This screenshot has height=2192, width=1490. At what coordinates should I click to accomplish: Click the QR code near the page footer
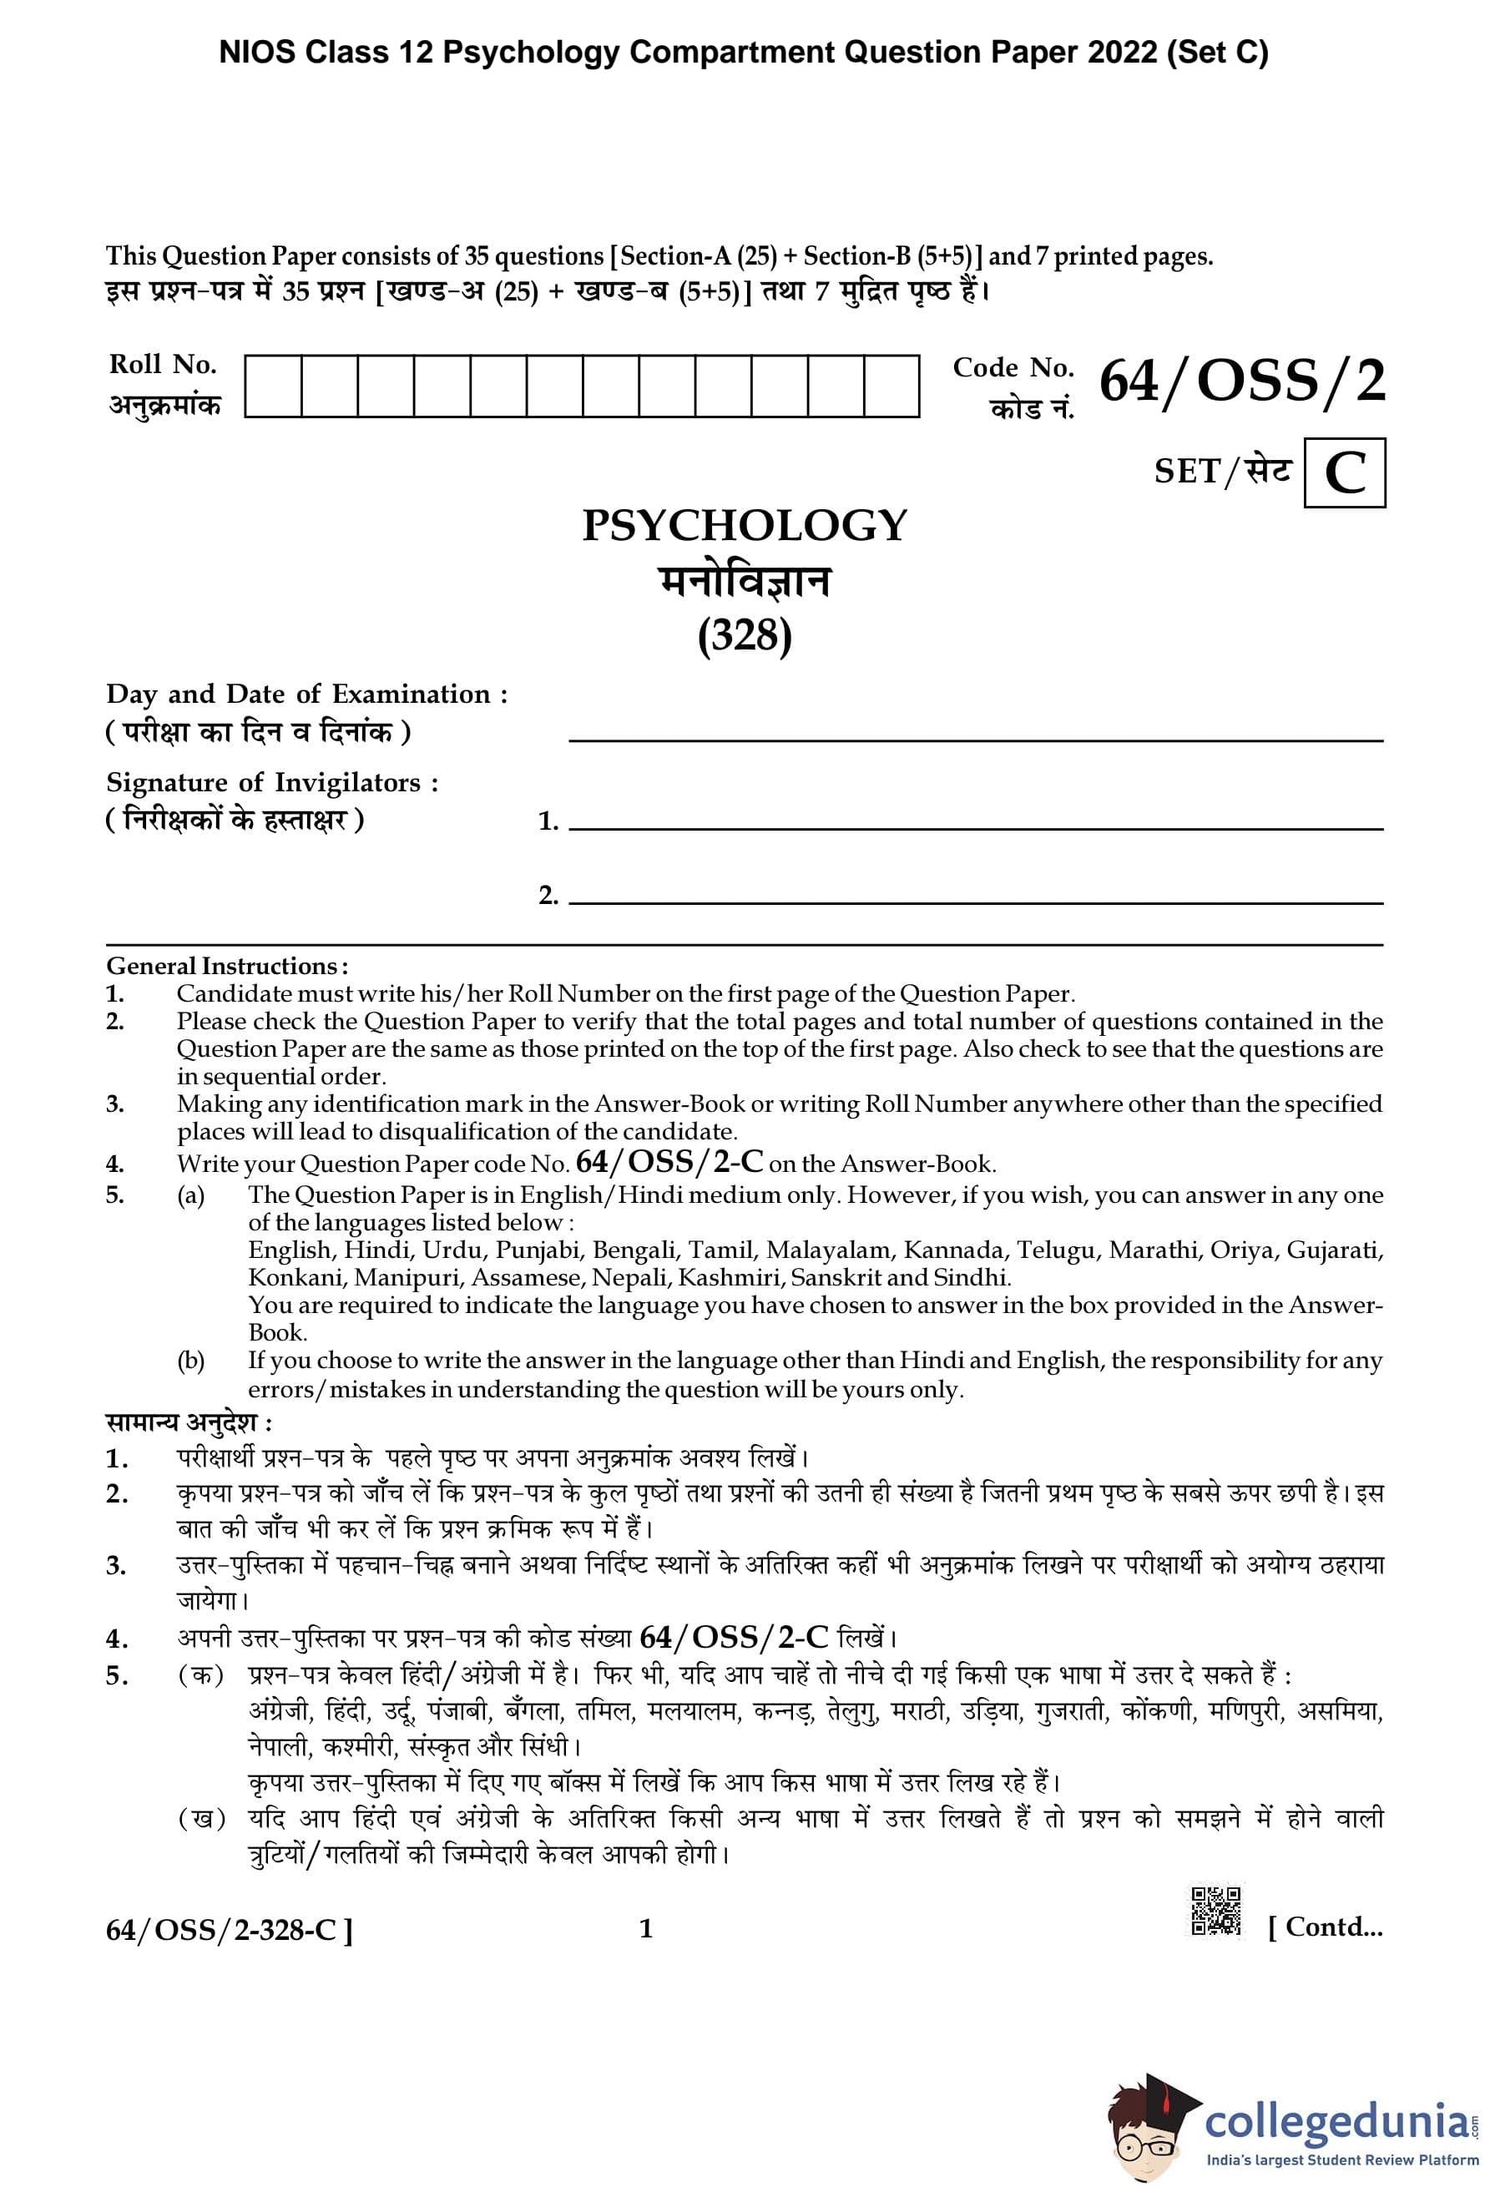coord(1215,1911)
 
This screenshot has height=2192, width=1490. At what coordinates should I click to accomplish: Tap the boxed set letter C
coord(1344,472)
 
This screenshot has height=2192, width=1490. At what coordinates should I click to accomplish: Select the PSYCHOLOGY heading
coord(744,525)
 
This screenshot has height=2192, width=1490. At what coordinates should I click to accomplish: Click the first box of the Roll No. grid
coord(274,386)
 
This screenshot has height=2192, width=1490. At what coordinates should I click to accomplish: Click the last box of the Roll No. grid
coord(891,386)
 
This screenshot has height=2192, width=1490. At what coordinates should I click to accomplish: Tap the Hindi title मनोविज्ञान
coord(744,581)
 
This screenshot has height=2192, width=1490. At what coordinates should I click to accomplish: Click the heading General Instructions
coord(226,966)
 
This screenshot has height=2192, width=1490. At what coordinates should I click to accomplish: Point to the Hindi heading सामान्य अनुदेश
coord(189,1422)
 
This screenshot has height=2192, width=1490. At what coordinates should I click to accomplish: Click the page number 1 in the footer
coord(646,1928)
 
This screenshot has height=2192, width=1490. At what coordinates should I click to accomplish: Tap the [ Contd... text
coord(1325,1926)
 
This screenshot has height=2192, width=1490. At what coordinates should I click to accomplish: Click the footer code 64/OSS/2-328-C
coord(230,1930)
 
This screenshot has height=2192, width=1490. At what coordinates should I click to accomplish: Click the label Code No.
coord(1013,367)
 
